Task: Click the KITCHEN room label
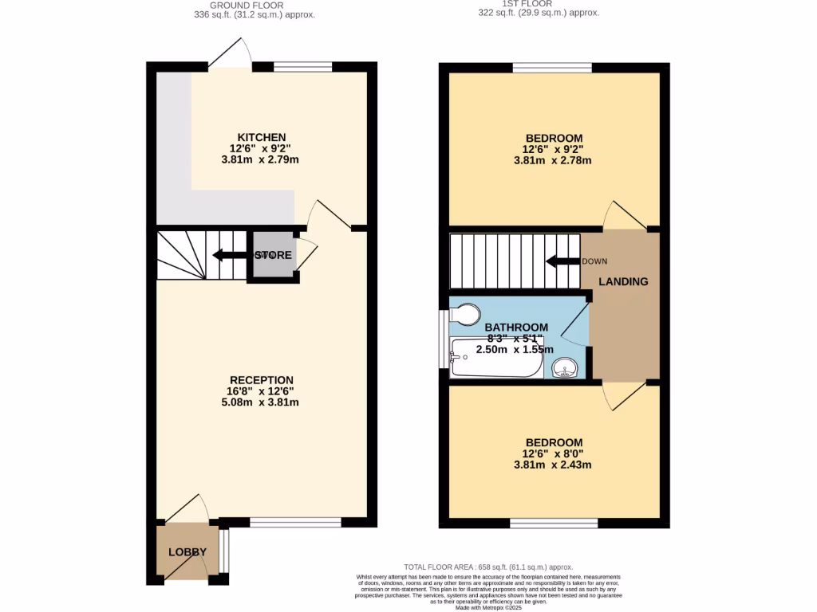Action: tap(261, 137)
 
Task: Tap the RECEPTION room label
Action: tap(261, 380)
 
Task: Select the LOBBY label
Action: tap(187, 552)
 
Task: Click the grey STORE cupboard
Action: tap(274, 256)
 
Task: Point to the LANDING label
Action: tap(623, 281)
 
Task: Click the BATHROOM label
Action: tap(516, 327)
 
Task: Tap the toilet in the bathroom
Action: tap(464, 312)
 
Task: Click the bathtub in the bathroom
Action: tap(495, 359)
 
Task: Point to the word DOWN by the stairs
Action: tap(594, 261)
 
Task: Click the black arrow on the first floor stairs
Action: tap(562, 261)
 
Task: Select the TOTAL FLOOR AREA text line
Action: tap(488, 567)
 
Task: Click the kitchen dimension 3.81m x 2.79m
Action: tap(261, 159)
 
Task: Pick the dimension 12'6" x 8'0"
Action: tap(553, 454)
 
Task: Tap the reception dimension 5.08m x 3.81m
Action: tap(261, 402)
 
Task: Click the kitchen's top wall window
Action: tap(302, 67)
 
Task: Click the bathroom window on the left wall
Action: tap(444, 338)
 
